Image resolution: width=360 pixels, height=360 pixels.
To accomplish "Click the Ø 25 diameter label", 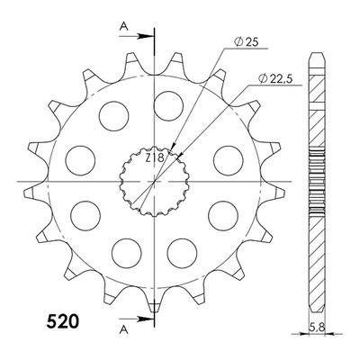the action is [x=246, y=42].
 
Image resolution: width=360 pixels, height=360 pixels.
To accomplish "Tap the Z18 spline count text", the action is [x=155, y=157].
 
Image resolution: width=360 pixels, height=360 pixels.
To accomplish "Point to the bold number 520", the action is [x=63, y=321].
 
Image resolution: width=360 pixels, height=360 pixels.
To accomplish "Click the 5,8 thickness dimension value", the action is [x=317, y=327].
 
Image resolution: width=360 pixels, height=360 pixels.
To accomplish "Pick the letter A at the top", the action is [x=124, y=27].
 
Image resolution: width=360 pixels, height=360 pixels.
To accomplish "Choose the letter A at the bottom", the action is [x=124, y=330].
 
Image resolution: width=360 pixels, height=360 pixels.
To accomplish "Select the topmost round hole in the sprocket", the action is [x=168, y=105].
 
